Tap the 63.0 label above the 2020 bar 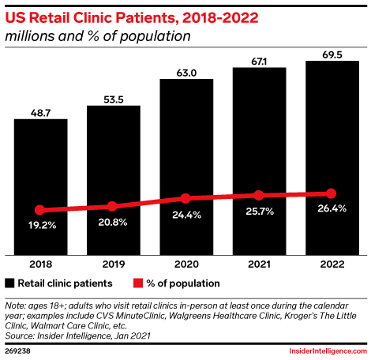pos(185,71)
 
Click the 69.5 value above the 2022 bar pos(331,53)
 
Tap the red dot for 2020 pos(185,198)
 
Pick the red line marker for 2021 pos(258,195)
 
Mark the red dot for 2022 pos(331,193)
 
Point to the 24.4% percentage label pos(185,214)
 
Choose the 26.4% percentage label pos(331,209)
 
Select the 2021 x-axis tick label pos(258,265)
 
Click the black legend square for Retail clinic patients pos(10,283)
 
